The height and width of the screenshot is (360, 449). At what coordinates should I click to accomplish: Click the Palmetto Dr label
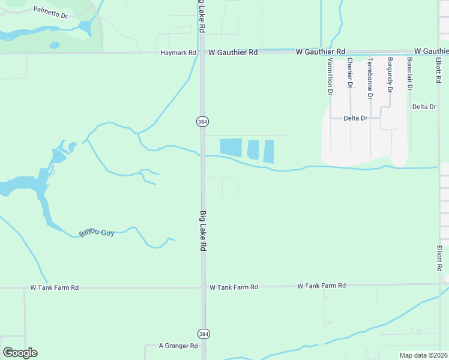(x=50, y=13)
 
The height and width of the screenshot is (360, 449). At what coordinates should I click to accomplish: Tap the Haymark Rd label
(x=178, y=53)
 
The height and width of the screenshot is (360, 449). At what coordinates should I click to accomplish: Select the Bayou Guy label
(x=97, y=232)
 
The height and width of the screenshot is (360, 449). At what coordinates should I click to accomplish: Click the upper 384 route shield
(x=202, y=121)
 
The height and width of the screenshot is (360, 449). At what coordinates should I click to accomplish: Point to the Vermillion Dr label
(x=330, y=77)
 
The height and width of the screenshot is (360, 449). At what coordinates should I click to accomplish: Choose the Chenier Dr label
(x=350, y=73)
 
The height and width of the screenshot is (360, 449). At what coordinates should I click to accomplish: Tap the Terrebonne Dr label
(x=370, y=79)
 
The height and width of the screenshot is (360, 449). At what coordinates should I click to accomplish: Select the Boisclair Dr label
(x=410, y=74)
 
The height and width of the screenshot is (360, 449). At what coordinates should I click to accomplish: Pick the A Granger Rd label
(x=178, y=346)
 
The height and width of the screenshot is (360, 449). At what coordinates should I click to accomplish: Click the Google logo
(x=20, y=353)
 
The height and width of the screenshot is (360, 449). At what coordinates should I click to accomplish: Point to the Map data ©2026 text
(x=423, y=355)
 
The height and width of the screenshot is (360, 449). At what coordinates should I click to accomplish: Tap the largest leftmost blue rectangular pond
(x=231, y=148)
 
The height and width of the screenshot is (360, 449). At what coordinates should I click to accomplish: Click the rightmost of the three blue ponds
(x=269, y=152)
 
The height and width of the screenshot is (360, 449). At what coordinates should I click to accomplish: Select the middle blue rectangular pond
(x=253, y=149)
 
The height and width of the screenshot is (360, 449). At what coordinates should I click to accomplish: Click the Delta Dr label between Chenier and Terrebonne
(x=355, y=118)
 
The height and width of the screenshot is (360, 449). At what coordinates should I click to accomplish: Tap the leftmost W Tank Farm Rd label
(x=55, y=288)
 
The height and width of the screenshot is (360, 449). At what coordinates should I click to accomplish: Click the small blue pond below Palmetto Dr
(x=55, y=45)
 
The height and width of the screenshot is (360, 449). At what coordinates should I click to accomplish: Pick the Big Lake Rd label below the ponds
(x=203, y=230)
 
